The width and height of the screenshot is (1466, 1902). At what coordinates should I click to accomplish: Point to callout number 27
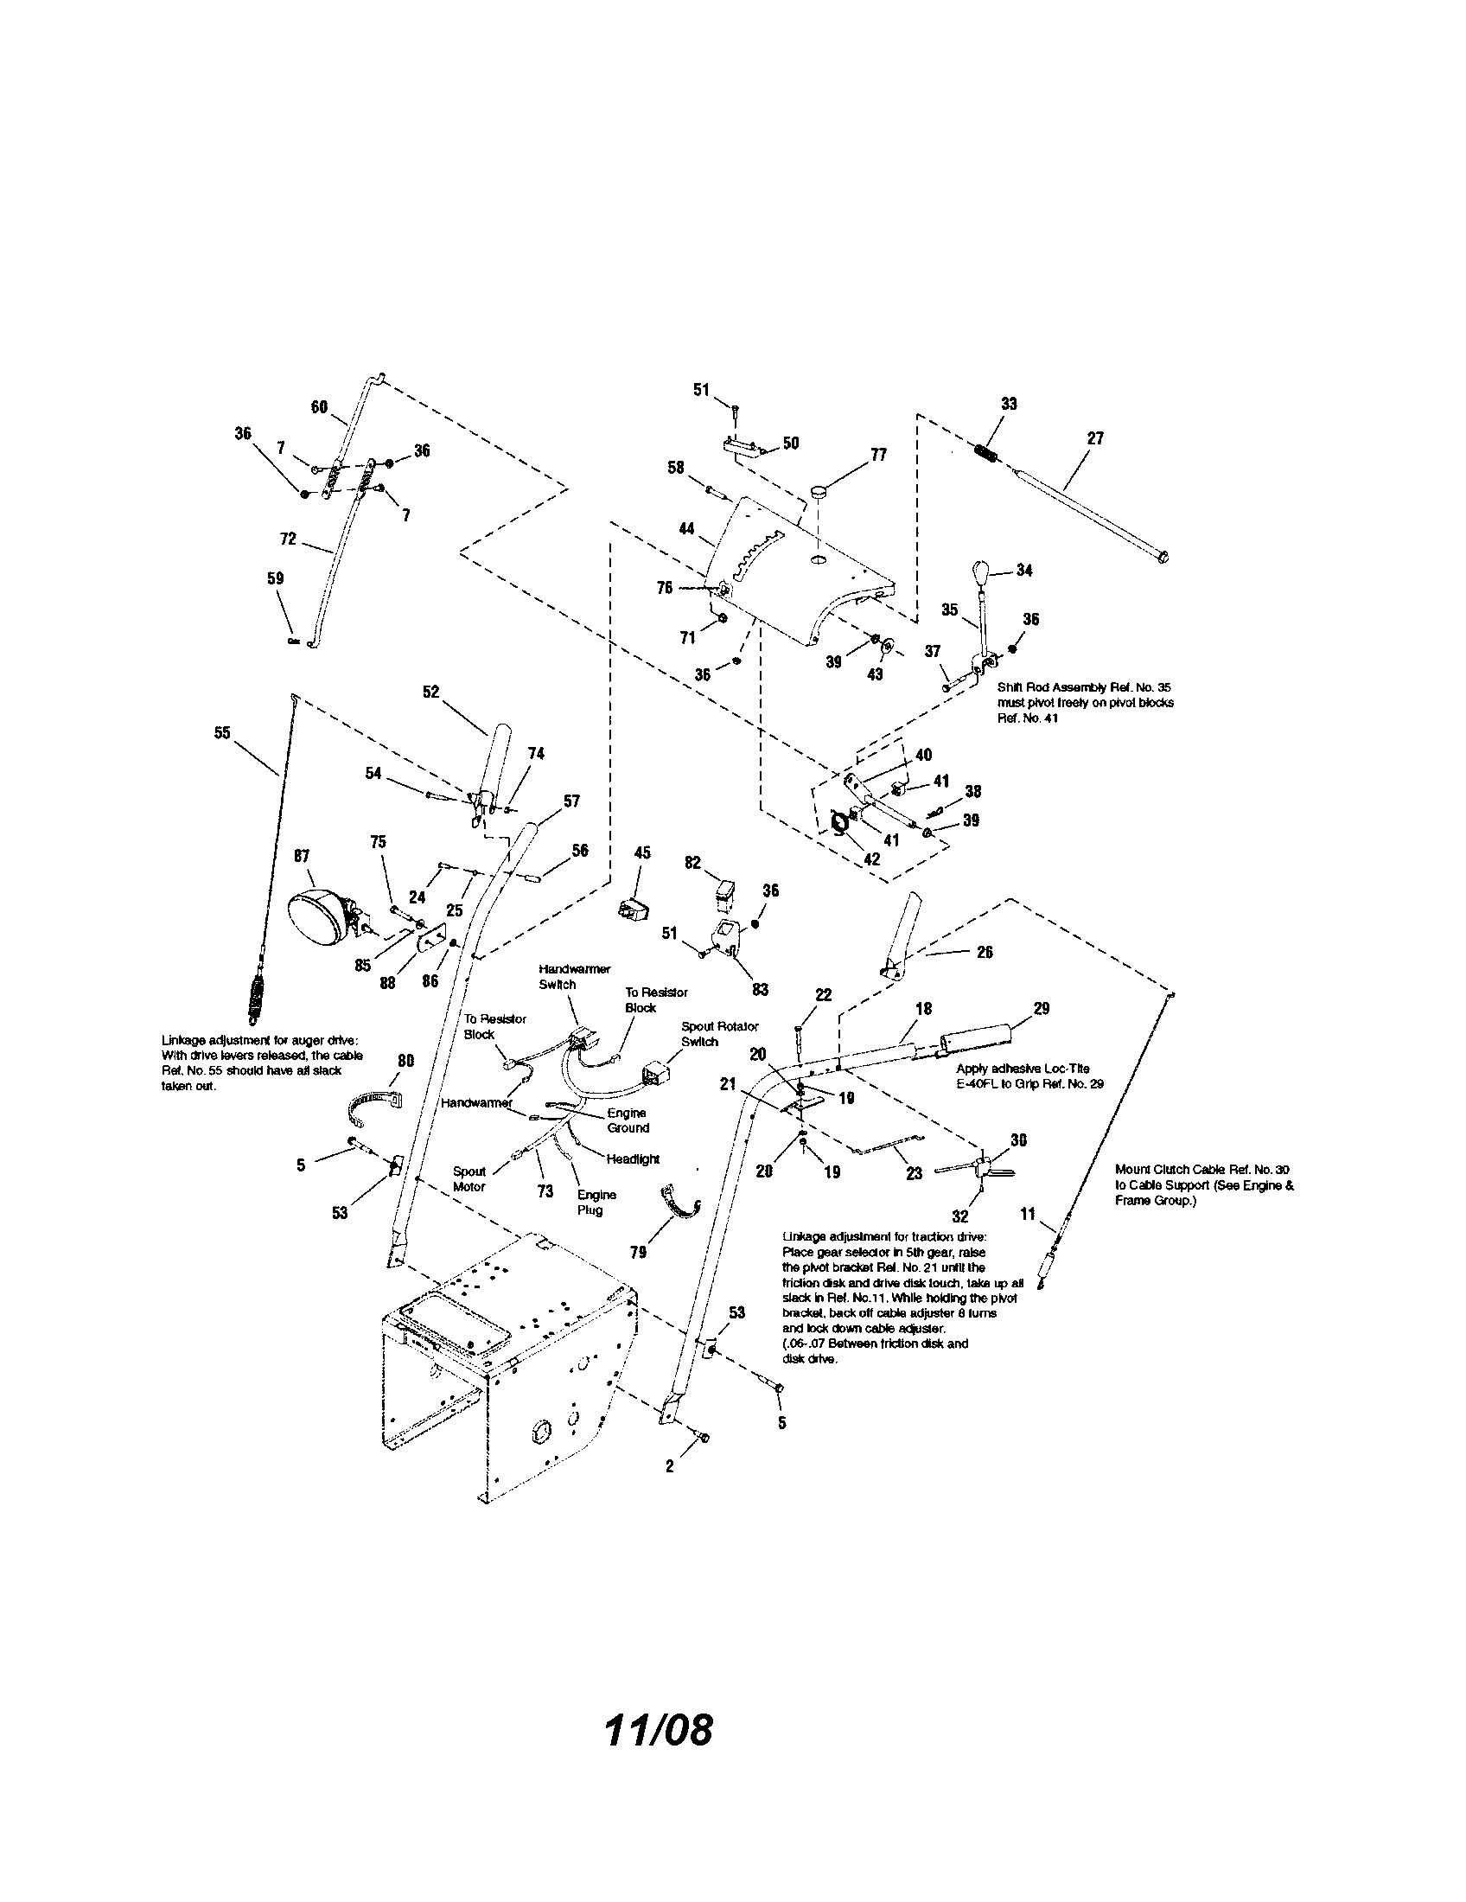coord(1095,438)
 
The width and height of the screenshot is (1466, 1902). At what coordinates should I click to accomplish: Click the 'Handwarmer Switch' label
coord(574,976)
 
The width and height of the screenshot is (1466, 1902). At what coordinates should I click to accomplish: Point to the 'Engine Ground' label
coord(628,1120)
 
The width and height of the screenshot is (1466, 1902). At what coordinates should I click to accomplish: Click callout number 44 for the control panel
coord(687,527)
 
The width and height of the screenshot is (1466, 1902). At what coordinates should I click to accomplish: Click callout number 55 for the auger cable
coord(222,732)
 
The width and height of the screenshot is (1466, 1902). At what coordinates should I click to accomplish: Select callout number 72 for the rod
coord(288,539)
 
